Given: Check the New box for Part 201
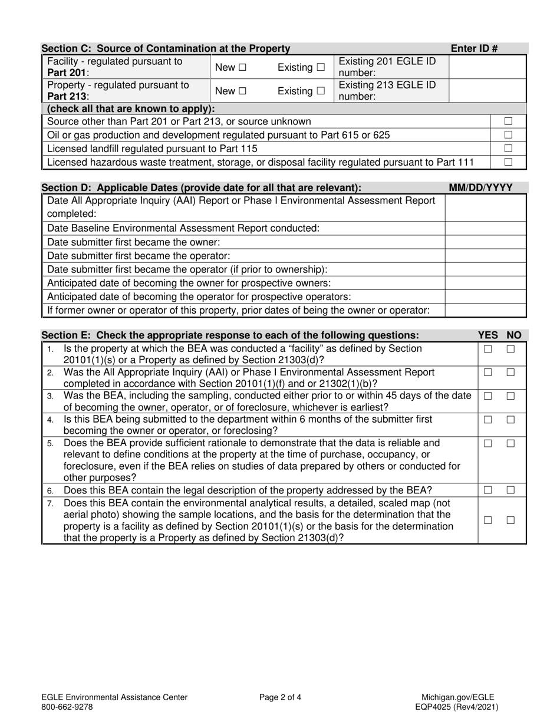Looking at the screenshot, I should [243, 68].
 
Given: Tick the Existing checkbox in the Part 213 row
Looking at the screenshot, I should [320, 91].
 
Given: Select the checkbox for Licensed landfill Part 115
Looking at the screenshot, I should [508, 149].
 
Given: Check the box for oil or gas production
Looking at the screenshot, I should [508, 135].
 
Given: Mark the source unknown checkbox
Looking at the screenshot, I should [508, 121].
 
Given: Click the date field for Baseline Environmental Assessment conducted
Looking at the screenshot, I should [485, 228].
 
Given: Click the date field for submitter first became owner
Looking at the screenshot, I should [485, 242].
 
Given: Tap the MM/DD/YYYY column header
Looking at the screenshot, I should [480, 188].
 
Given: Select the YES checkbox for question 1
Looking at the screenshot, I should [487, 349].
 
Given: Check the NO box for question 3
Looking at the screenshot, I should [510, 396].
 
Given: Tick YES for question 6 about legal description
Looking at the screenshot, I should [487, 490].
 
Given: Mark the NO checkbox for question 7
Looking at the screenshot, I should [510, 520].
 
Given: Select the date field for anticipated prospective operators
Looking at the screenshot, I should [485, 296].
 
